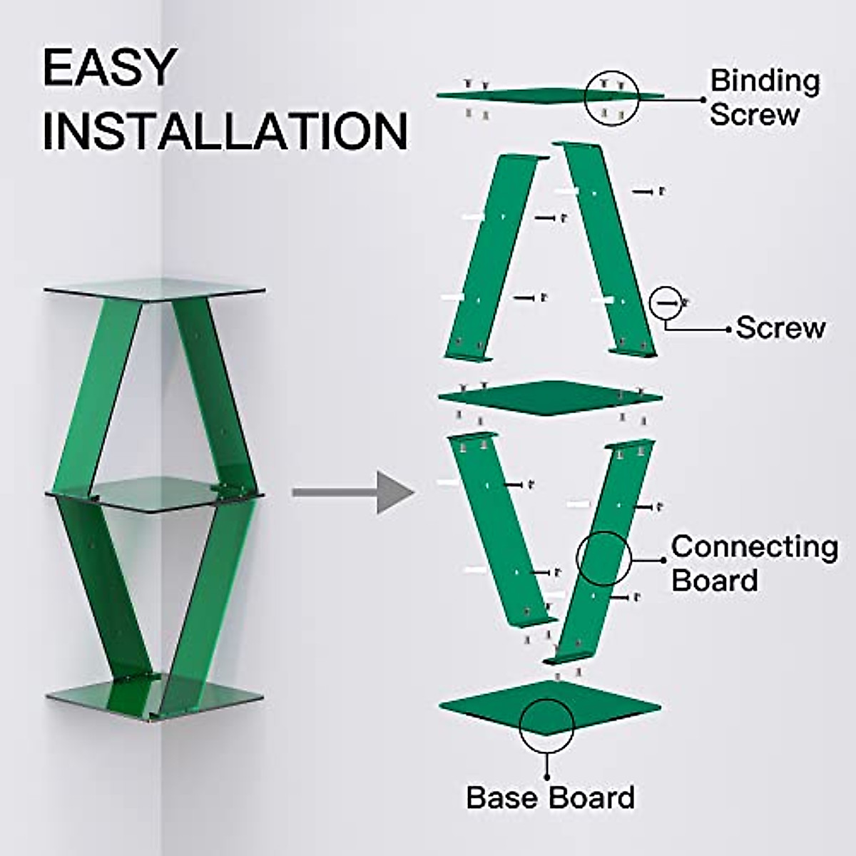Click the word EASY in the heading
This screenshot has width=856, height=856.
click(108, 68)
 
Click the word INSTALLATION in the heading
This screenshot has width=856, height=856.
click(225, 131)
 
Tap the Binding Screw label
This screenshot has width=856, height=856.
click(764, 97)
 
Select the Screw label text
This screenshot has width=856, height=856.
click(780, 328)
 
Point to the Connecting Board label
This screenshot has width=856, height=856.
click(754, 563)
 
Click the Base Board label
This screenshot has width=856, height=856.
click(550, 797)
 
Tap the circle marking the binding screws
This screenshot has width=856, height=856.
click(611, 98)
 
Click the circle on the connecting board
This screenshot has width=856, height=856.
click(603, 559)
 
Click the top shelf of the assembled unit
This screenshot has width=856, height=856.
click(154, 289)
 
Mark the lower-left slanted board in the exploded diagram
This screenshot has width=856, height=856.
click(499, 528)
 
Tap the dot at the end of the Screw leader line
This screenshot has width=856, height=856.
click(728, 329)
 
